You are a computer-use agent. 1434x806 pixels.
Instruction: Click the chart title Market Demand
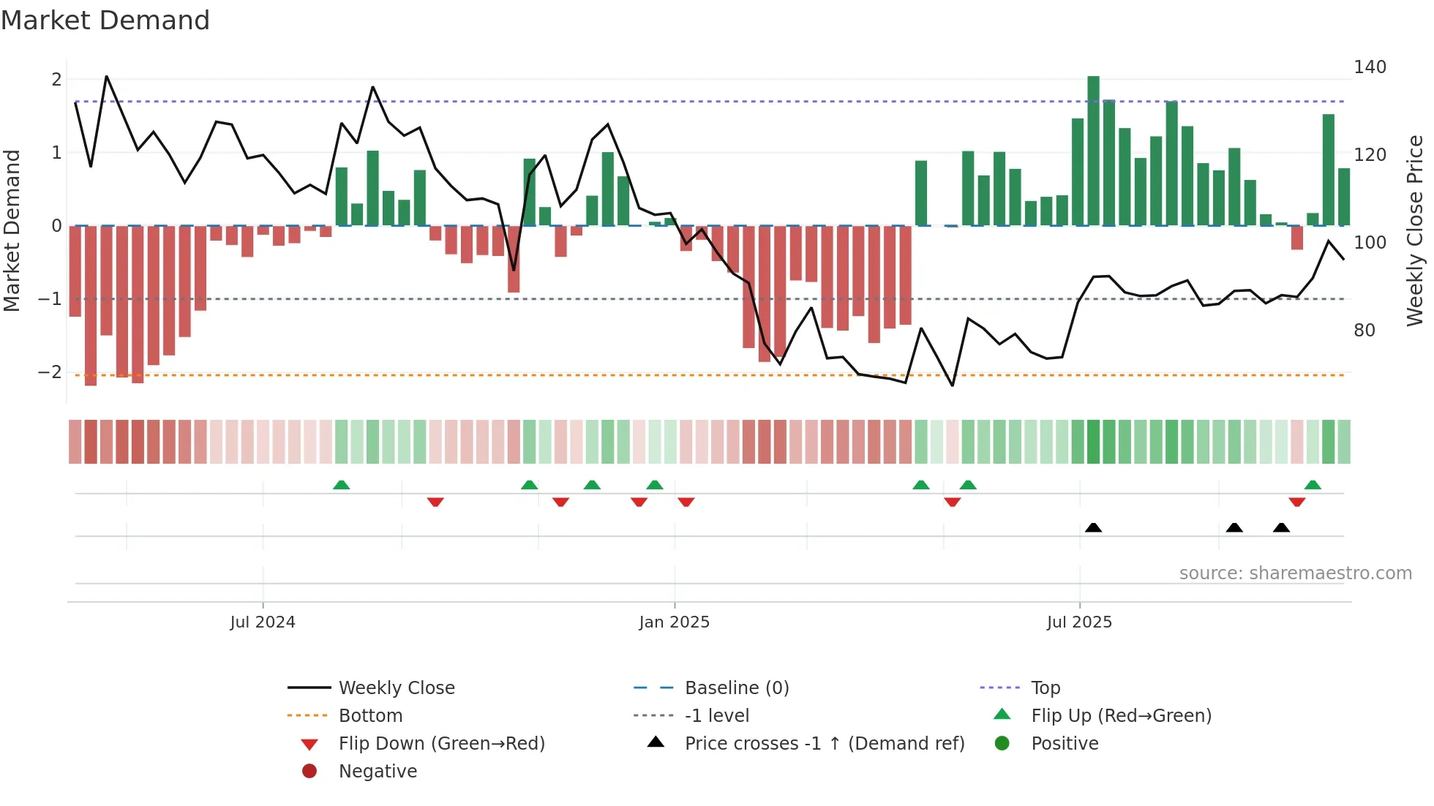coord(105,20)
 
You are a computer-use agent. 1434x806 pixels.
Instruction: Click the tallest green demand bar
coord(1093,150)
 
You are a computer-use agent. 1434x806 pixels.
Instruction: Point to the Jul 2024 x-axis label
coord(263,622)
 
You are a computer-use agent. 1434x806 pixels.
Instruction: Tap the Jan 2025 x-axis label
coord(674,622)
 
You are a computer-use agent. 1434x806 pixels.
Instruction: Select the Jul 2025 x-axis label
coord(1079,622)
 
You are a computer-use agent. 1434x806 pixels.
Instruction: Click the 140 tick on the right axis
coord(1370,67)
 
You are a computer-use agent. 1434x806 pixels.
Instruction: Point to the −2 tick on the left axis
coord(50,372)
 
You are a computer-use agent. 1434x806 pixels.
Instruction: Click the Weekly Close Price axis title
coord(1415,230)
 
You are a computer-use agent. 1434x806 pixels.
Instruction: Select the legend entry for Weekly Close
coord(396,688)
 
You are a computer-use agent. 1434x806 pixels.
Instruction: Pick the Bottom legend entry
coord(370,716)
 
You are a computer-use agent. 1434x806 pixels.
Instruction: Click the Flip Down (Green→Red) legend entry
coord(441,744)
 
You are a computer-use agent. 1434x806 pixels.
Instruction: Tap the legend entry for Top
coord(1046,688)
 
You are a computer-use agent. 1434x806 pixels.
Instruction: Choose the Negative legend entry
coord(378,772)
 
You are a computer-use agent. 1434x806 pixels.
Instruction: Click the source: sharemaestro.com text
coord(1295,573)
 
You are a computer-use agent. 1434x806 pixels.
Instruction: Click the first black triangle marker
coord(1093,527)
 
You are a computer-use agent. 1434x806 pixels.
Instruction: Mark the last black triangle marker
coord(1281,527)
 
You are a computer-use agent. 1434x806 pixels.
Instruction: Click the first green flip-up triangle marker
coord(341,485)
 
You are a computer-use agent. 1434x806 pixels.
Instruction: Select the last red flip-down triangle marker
coord(1297,502)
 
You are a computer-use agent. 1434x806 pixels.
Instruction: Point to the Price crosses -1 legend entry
coord(824,744)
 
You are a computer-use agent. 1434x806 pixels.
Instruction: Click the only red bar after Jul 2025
coord(1297,238)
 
